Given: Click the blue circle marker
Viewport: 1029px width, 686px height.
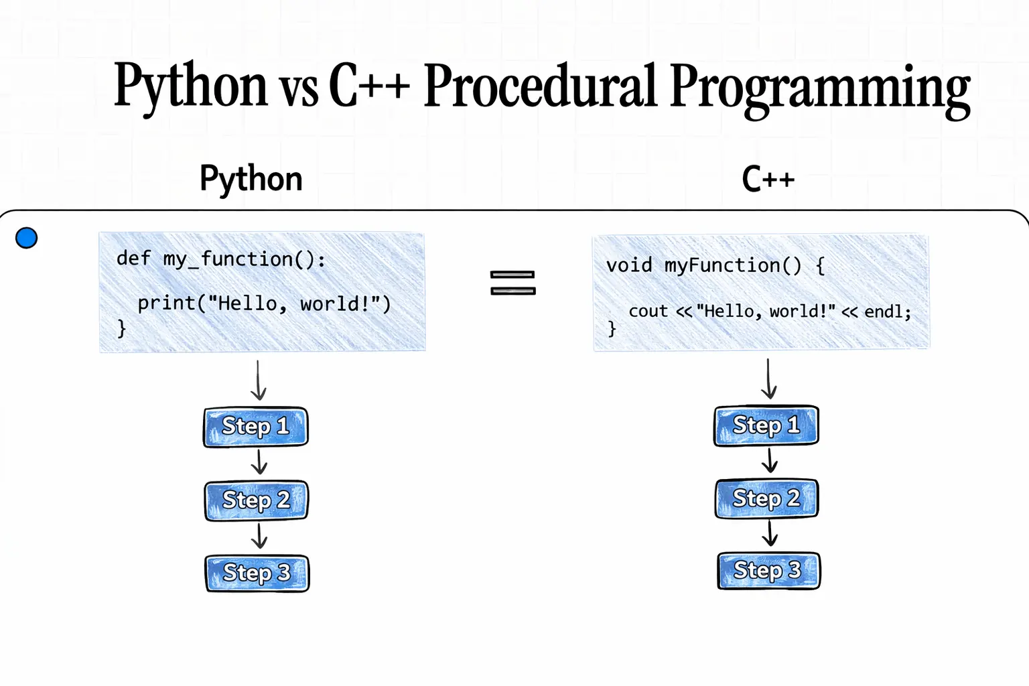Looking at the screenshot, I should [26, 238].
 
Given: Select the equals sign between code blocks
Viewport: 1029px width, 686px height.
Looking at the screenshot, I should [512, 283].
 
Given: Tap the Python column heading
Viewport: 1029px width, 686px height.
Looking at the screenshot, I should [251, 179].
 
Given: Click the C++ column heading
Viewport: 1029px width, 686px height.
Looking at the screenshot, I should [768, 180].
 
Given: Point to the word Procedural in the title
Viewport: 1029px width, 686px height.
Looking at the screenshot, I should [540, 86].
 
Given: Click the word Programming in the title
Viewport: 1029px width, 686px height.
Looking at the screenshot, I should [819, 87].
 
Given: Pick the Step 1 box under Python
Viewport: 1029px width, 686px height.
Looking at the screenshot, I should [256, 427].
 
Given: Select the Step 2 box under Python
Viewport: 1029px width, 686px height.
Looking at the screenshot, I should [256, 500].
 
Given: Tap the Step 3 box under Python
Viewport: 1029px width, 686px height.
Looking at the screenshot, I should [257, 573].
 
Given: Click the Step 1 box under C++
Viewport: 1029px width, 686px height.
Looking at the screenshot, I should [766, 425].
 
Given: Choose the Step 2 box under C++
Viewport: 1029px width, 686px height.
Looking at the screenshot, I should [767, 498].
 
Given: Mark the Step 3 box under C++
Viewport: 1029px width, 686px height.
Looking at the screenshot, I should [768, 571].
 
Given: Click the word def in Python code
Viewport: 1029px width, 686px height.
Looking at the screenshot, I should [133, 259].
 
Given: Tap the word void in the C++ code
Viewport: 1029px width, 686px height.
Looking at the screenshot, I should [629, 265].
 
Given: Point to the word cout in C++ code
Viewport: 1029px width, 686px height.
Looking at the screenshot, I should [648, 311].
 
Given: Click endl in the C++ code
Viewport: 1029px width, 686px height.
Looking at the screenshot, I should [884, 312].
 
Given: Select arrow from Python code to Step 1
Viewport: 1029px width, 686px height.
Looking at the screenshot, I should [259, 381].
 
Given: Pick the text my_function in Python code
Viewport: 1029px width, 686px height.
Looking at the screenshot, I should [228, 259].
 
